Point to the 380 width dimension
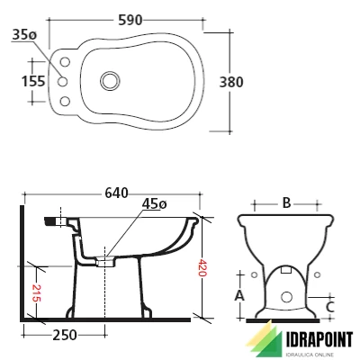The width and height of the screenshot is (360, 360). click(231, 80)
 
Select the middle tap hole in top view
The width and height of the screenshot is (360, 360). click(64, 80)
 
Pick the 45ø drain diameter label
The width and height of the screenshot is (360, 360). click(153, 205)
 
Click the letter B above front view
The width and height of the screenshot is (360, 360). click(286, 203)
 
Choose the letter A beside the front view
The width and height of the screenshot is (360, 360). click(238, 294)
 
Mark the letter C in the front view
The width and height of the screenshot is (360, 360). click(331, 306)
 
